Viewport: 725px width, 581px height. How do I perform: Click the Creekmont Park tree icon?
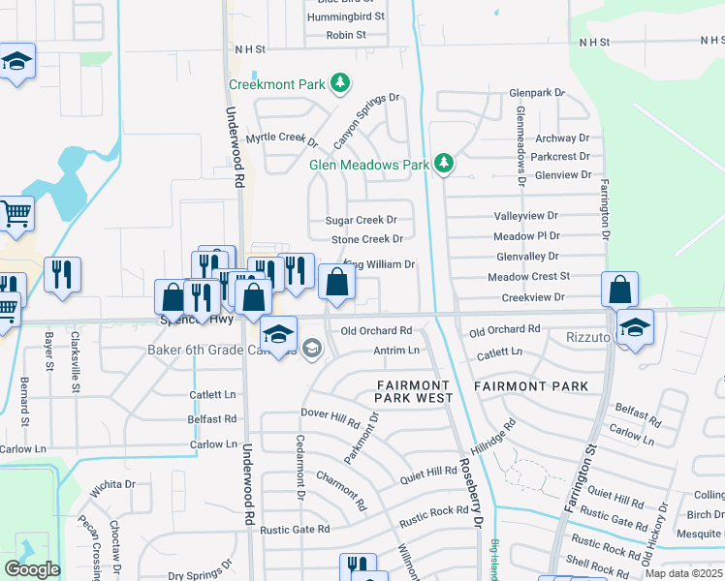(x=339, y=84)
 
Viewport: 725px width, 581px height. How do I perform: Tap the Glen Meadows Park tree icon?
(x=444, y=164)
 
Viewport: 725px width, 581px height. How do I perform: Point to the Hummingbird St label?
(x=345, y=17)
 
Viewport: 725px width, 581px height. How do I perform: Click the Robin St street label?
(x=345, y=35)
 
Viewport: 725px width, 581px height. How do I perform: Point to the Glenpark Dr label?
(x=536, y=93)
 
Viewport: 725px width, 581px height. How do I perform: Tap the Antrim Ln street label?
(x=396, y=350)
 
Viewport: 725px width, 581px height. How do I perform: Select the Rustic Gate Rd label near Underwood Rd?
(x=295, y=530)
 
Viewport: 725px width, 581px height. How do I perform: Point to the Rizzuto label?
(x=586, y=338)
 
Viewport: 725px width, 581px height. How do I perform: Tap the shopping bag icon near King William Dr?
(x=336, y=283)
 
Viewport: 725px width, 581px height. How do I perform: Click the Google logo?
(x=32, y=569)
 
